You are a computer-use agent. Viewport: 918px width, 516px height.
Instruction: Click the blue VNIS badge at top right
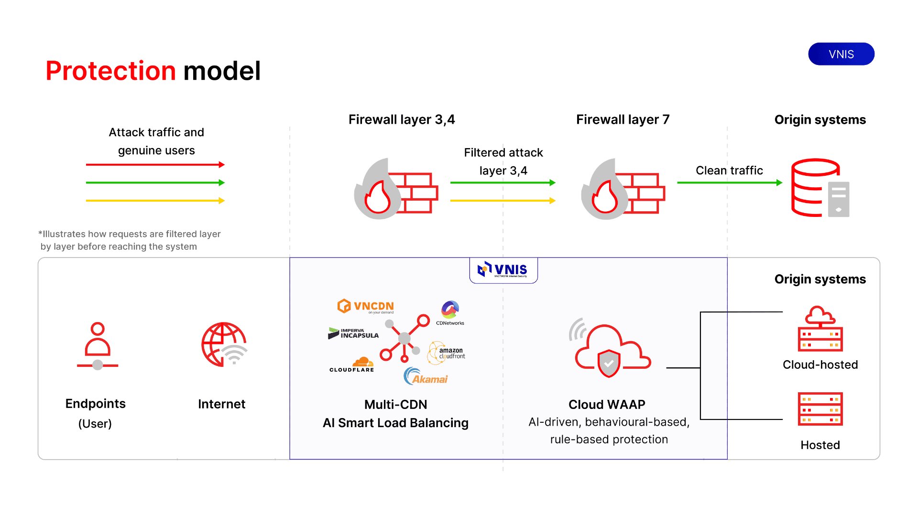pos(841,54)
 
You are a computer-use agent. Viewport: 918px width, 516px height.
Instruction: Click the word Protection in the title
pos(111,71)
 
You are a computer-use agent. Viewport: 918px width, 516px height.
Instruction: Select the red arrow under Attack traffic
pos(155,165)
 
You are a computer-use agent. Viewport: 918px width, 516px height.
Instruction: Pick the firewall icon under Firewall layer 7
pos(623,189)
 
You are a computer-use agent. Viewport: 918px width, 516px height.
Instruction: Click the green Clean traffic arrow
pos(729,183)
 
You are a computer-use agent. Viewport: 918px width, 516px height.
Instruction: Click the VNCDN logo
pos(366,306)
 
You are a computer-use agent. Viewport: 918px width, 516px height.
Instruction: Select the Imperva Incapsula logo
pos(353,333)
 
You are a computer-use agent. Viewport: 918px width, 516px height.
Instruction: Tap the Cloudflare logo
pos(352,365)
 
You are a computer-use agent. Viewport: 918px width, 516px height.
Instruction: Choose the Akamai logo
pos(426,376)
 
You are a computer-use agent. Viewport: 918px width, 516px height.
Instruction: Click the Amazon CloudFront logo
pos(447,353)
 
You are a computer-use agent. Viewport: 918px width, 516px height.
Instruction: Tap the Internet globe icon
pos(224,344)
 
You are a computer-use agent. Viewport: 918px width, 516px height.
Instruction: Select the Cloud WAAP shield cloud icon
pos(609,352)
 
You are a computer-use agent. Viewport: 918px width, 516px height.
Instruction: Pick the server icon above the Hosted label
pos(820,409)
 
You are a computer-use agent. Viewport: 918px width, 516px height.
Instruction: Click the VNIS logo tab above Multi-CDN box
pos(503,270)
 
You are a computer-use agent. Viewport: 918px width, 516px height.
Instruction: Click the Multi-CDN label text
pos(395,405)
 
